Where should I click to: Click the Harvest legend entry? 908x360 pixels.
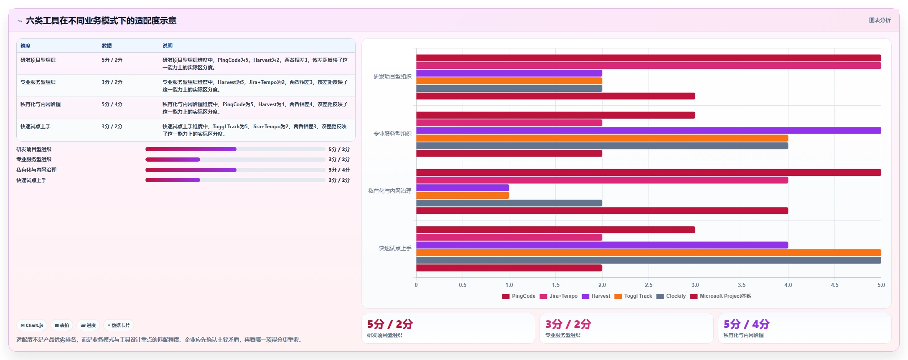596,296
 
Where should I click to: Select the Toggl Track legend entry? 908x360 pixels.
633,296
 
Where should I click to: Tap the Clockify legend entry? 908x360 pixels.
671,296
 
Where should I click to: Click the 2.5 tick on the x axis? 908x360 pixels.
649,285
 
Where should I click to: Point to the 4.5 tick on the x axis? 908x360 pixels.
834,285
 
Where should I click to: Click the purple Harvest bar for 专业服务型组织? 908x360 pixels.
649,131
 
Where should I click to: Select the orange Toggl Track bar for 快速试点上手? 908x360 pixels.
649,253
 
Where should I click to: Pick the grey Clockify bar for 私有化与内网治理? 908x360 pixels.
509,203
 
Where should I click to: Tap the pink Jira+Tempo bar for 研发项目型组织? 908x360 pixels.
649,66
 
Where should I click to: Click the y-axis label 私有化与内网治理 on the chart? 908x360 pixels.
389,191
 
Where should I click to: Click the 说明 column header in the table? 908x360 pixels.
168,46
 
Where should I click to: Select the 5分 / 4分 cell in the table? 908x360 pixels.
112,104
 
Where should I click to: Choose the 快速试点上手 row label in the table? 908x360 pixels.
36,127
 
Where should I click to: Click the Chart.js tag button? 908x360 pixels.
32,325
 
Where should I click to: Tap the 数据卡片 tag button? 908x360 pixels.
119,325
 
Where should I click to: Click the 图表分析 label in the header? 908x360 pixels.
880,20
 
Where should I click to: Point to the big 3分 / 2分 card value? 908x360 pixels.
568,324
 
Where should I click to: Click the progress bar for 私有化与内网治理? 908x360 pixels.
235,170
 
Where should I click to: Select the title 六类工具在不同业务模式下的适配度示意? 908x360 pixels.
101,20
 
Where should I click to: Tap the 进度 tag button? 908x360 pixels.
88,325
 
